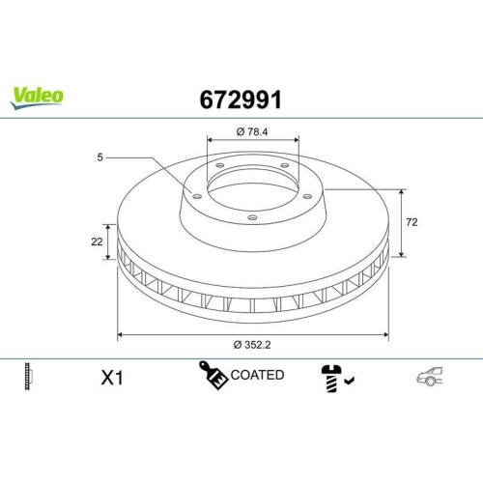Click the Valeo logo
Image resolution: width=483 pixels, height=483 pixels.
pos(38,95)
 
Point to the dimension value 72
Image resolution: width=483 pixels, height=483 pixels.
pos(412,222)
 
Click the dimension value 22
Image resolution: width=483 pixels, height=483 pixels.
pos(98,242)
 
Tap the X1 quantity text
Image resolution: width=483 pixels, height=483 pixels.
pos(112,378)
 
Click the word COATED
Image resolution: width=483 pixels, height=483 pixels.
pos(257,375)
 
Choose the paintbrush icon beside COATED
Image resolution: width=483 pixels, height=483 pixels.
pos(213,376)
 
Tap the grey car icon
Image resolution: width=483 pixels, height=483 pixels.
pos(431,378)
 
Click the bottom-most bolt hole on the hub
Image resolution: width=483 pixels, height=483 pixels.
pos(251,217)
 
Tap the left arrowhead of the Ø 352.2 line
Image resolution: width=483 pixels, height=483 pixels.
pos(120,334)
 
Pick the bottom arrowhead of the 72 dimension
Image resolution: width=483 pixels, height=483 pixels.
pos(402,256)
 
